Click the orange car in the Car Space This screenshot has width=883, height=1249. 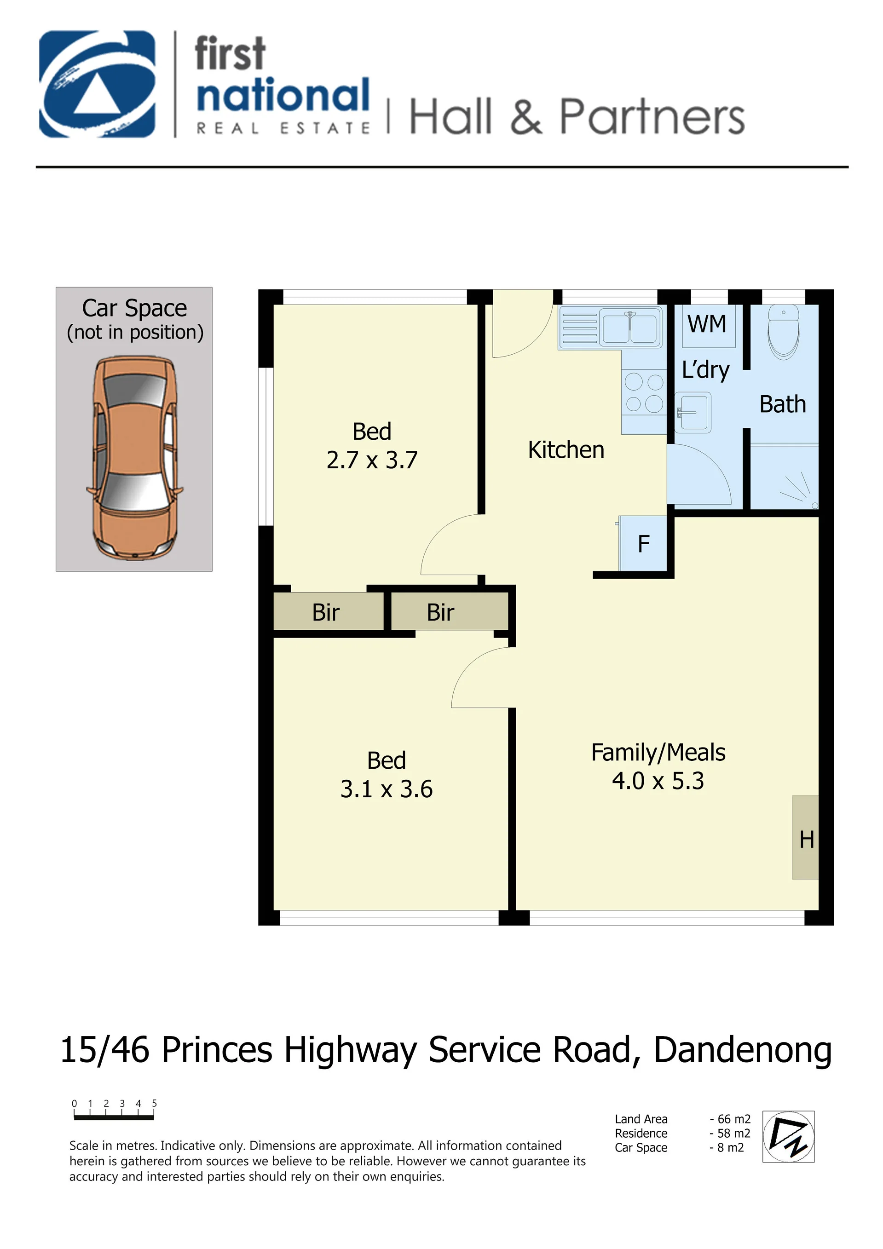tap(134, 457)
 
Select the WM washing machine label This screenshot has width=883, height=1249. tap(707, 324)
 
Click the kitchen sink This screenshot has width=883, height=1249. tap(630, 327)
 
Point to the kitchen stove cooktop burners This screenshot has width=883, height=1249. tap(644, 392)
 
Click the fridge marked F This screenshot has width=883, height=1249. tap(643, 543)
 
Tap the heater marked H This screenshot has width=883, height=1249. tap(806, 838)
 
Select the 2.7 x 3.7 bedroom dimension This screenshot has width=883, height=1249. tap(372, 460)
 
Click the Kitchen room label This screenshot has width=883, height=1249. tap(566, 450)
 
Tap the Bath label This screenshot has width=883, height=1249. tap(782, 404)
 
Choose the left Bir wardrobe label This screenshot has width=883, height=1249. tap(326, 612)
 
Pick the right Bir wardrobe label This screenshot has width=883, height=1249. tap(441, 612)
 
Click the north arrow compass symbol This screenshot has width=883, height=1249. tap(788, 1136)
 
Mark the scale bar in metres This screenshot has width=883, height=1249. tap(114, 1118)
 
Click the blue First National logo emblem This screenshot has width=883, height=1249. tap(98, 84)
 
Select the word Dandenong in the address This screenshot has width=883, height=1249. tap(743, 1050)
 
